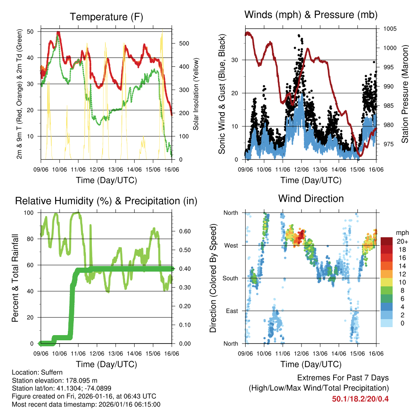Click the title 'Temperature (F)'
(106, 17)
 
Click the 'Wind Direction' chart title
(311, 199)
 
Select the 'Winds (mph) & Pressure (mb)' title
(311, 15)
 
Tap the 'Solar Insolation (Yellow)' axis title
(196, 94)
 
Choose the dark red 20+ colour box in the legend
(387, 241)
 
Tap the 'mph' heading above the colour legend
(401, 232)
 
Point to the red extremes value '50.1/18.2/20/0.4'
(360, 399)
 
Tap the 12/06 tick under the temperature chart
(97, 169)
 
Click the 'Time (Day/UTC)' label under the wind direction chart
(311, 364)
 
